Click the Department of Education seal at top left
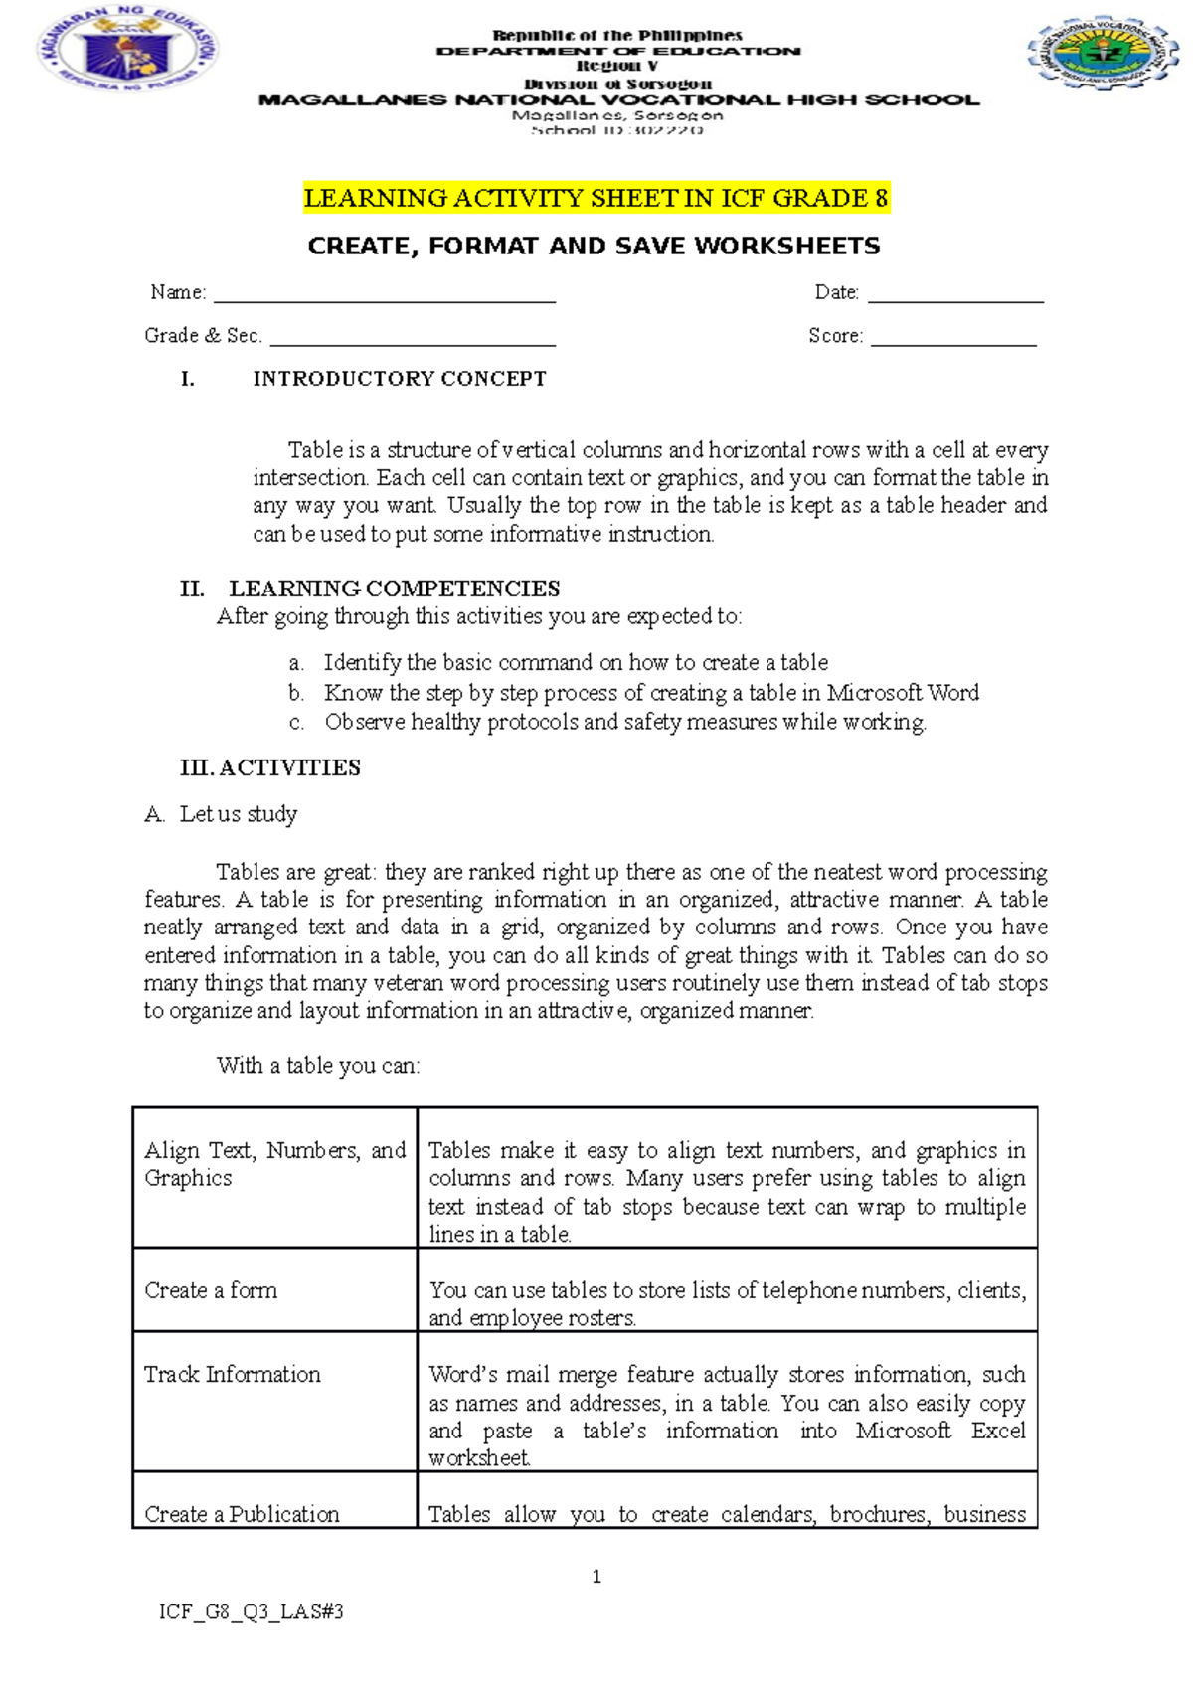tap(126, 50)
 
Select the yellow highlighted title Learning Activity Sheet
tap(596, 198)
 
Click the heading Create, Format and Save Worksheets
tap(594, 246)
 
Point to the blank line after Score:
tap(952, 340)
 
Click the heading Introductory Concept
tap(399, 379)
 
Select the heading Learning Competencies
tap(394, 589)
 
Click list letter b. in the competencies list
tap(296, 693)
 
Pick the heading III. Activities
tap(269, 767)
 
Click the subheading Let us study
tap(238, 814)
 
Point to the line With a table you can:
tap(318, 1066)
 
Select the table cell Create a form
tap(211, 1290)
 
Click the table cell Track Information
tap(233, 1374)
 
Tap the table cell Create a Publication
tap(242, 1513)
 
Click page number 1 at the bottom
tap(596, 1577)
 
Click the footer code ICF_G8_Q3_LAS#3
tap(251, 1612)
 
